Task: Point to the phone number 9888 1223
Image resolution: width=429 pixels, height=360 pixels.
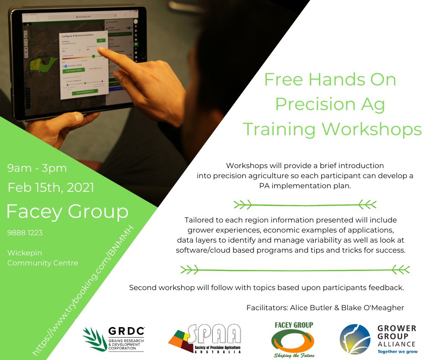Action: click(x=25, y=233)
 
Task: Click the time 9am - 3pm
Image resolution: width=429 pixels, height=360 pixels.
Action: click(x=37, y=168)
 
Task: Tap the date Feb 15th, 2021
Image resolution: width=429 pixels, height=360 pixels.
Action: click(x=51, y=187)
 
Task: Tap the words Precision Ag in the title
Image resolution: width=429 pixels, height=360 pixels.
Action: click(x=330, y=104)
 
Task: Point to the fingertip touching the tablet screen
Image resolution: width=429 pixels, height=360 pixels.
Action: click(x=101, y=51)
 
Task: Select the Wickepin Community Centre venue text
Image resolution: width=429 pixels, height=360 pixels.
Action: click(x=42, y=258)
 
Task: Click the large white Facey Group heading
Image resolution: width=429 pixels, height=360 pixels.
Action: click(x=67, y=212)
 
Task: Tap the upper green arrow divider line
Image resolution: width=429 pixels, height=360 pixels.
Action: click(x=305, y=203)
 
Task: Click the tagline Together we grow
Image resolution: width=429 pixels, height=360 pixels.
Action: click(x=397, y=352)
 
